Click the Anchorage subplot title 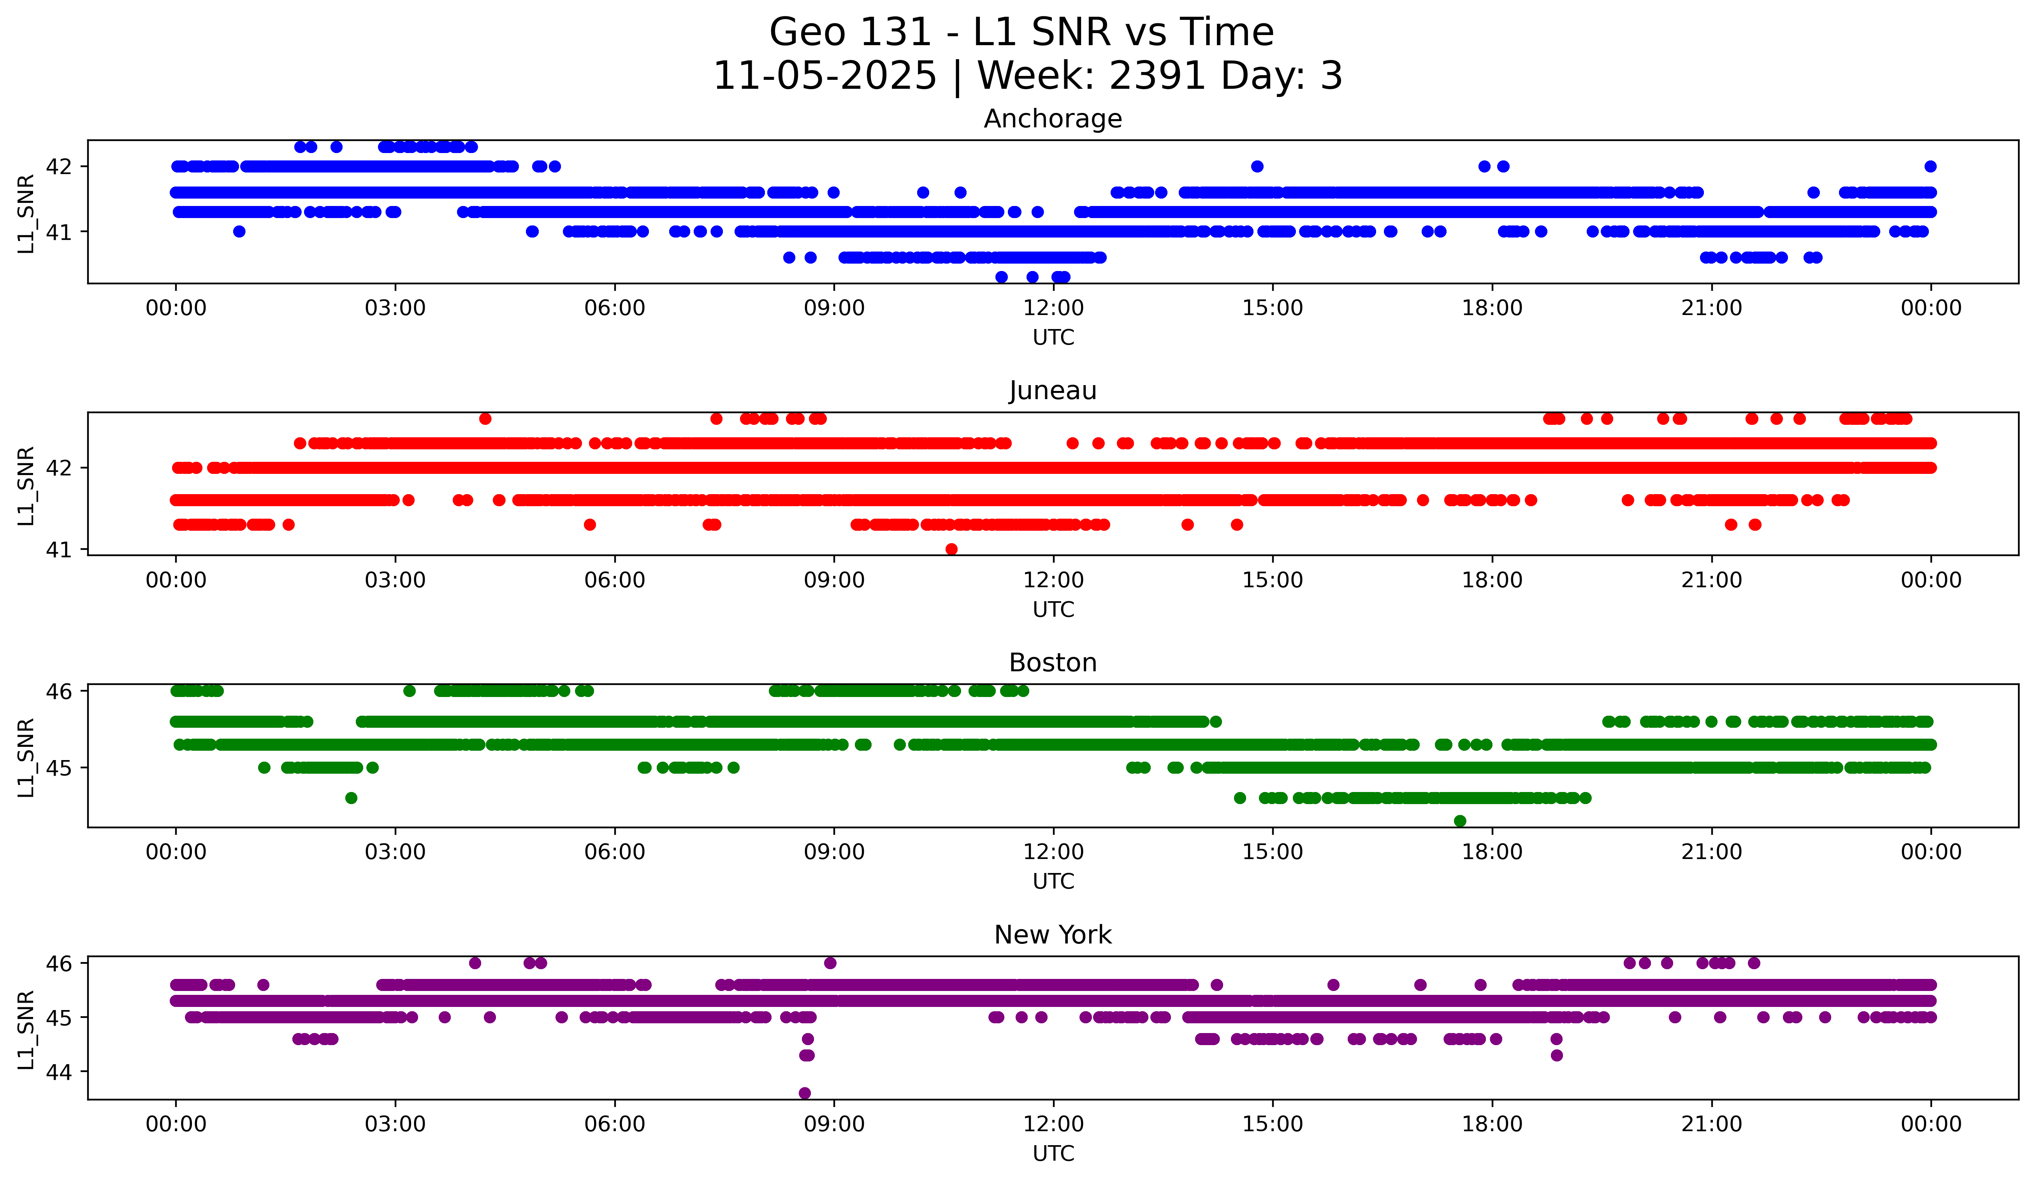pyautogui.click(x=1053, y=119)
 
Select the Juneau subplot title pyautogui.click(x=1053, y=391)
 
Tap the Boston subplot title pyautogui.click(x=1053, y=663)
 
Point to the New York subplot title pyautogui.click(x=1053, y=935)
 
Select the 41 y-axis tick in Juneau pyautogui.click(x=59, y=550)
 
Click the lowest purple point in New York pyautogui.click(x=805, y=1093)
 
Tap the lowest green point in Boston pyautogui.click(x=1459, y=821)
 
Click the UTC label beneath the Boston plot pyautogui.click(x=1053, y=882)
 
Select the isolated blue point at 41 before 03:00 pyautogui.click(x=239, y=232)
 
